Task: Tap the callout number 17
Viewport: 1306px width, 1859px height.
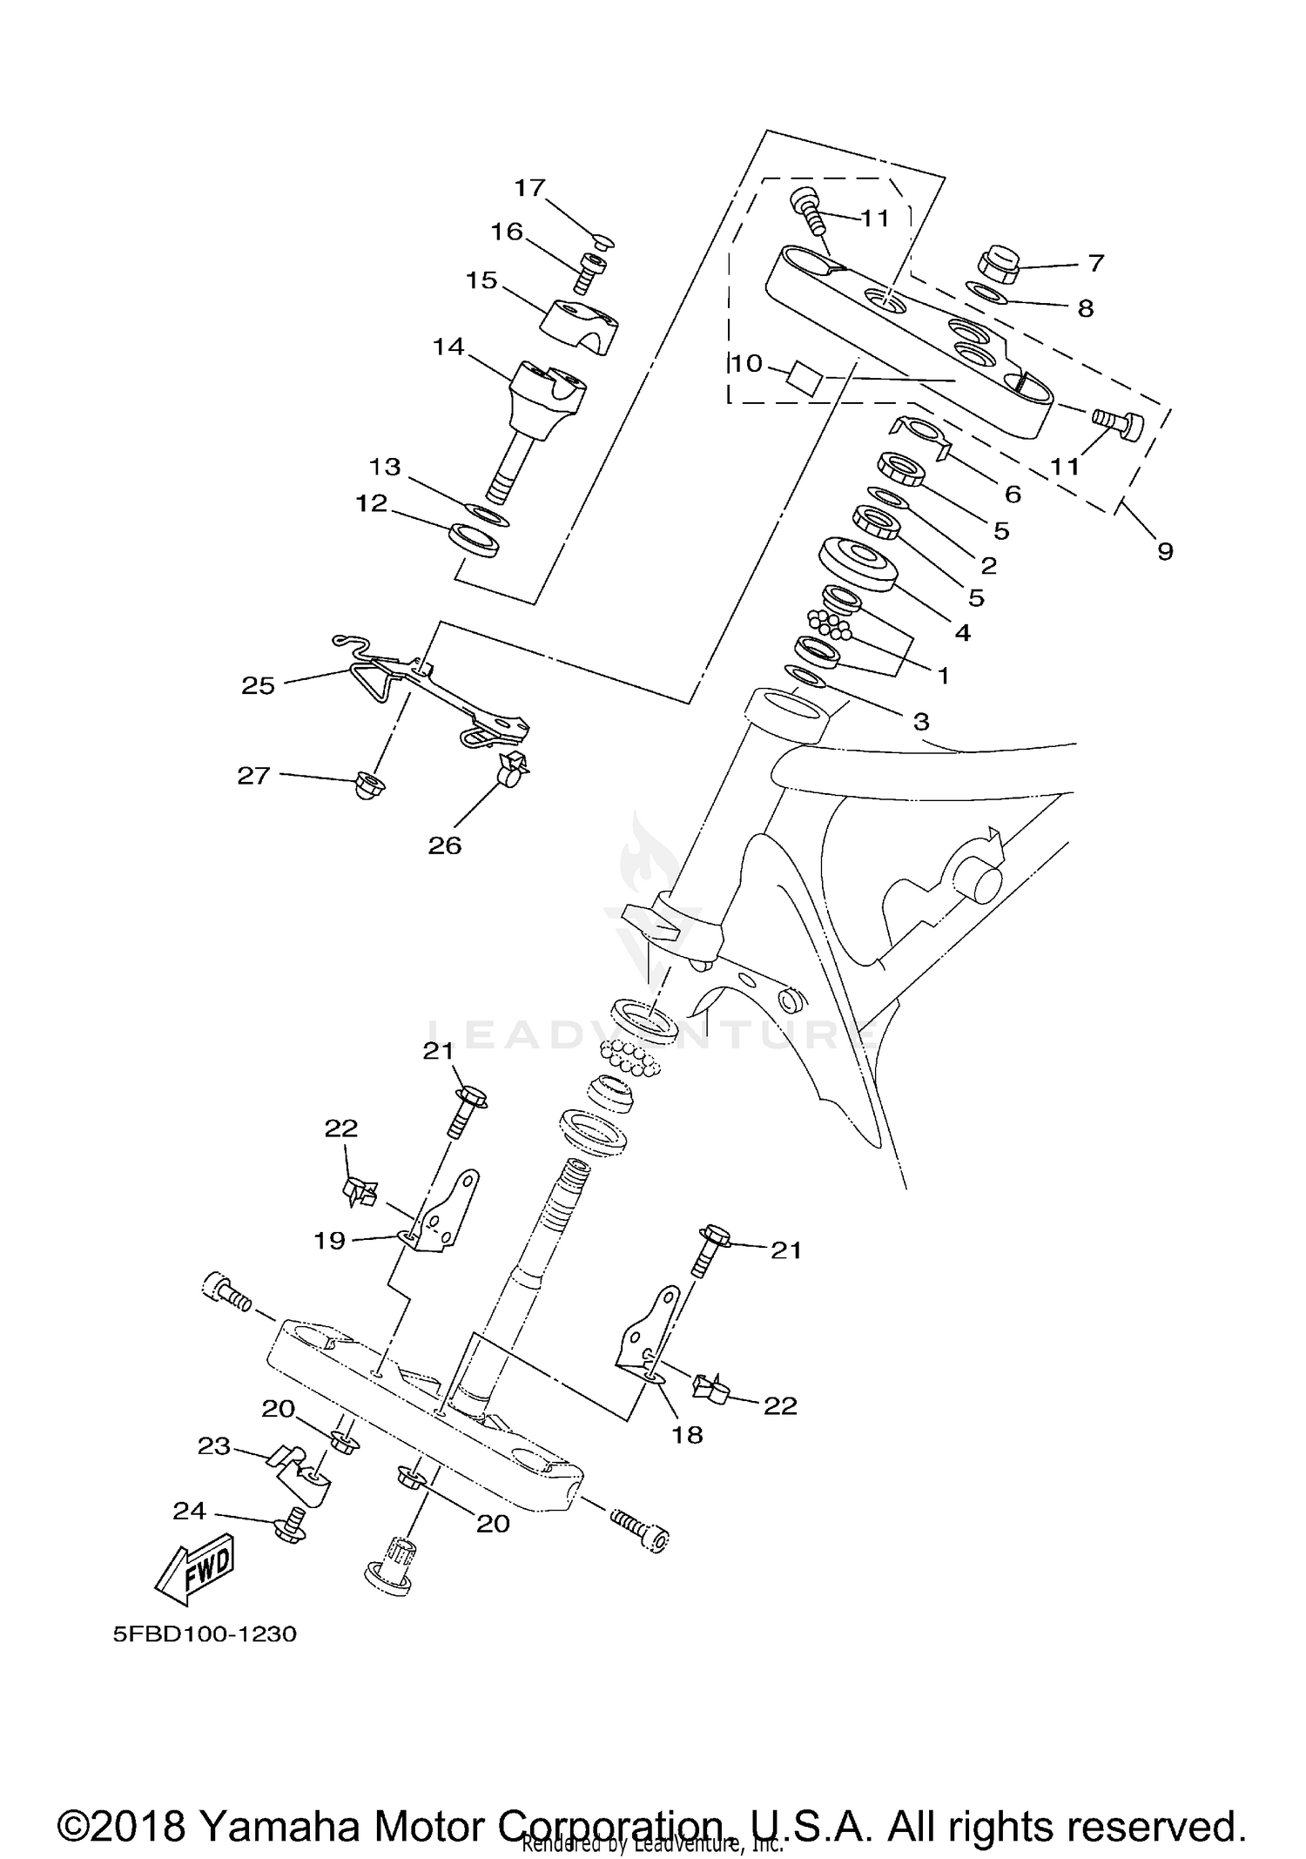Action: coord(529,187)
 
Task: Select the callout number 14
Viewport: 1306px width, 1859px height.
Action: coord(448,347)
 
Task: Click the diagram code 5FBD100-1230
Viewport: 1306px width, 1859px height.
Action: coord(205,1633)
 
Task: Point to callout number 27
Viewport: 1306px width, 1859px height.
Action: coord(253,775)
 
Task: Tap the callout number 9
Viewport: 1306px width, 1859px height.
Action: coord(1165,550)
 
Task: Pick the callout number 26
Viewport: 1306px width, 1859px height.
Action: coord(444,845)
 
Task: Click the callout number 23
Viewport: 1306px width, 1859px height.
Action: coord(214,1446)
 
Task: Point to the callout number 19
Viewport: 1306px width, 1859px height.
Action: coord(329,1240)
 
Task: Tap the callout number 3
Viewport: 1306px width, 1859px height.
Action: coord(921,721)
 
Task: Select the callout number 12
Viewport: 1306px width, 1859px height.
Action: coord(371,503)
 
